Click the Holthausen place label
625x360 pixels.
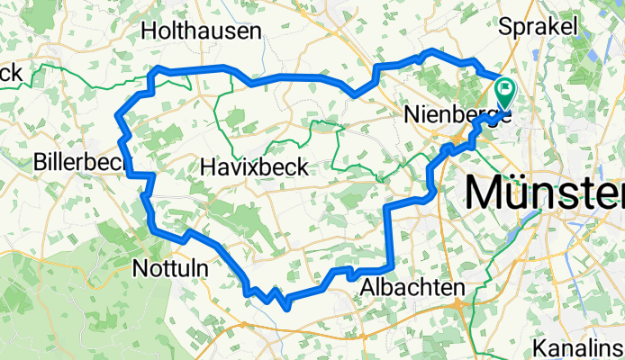(202, 31)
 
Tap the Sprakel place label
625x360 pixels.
(543, 27)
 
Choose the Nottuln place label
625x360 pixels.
(170, 268)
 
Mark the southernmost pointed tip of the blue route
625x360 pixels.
(286, 309)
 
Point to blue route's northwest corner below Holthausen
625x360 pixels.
(159, 69)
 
